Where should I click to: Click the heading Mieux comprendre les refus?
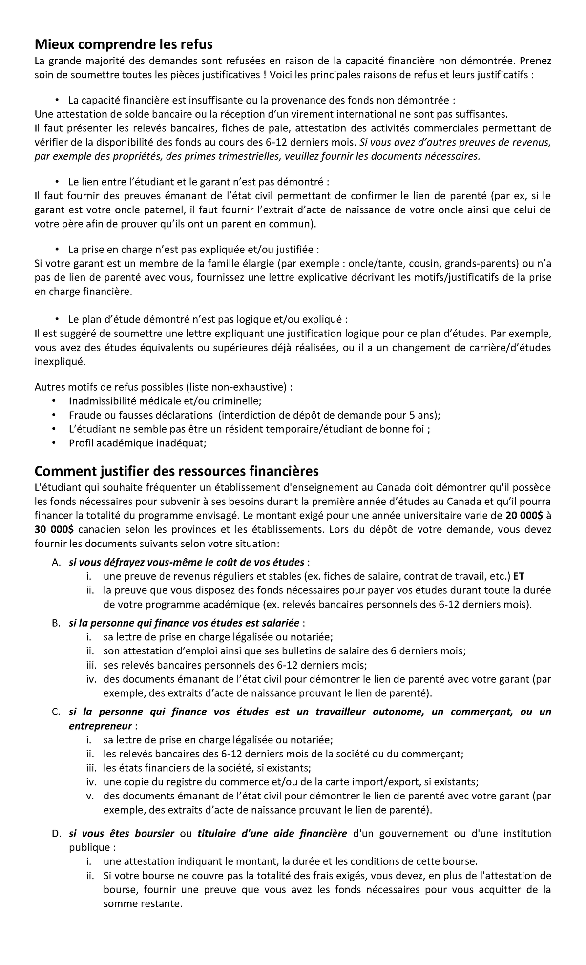pyautogui.click(x=124, y=45)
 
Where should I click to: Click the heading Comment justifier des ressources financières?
pyautogui.click(x=176, y=471)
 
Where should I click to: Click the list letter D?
pyautogui.click(x=56, y=833)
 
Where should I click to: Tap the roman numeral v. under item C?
pyautogui.click(x=90, y=796)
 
